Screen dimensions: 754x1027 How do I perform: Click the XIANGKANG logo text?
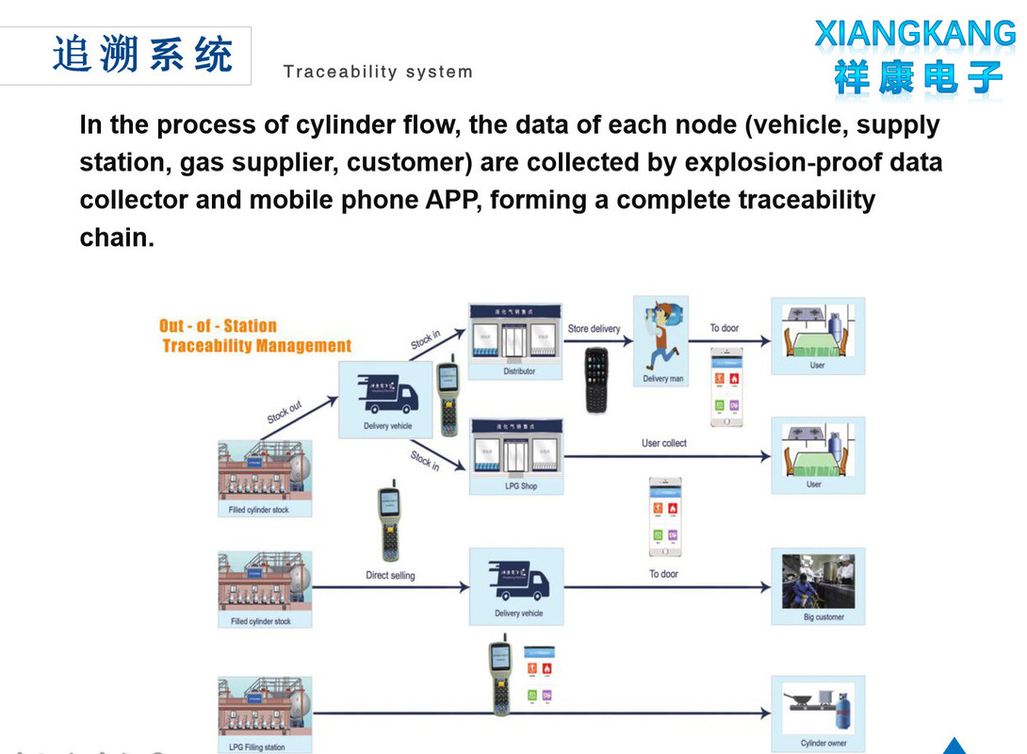pyautogui.click(x=915, y=34)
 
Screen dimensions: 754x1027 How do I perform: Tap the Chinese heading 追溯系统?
pyautogui.click(x=142, y=55)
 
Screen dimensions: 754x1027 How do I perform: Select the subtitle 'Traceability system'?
pyautogui.click(x=378, y=73)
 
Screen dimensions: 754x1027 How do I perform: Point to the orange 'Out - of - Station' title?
pyautogui.click(x=218, y=326)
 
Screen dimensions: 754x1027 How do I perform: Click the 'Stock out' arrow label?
pyautogui.click(x=284, y=412)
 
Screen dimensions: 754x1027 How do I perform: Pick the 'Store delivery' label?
pyautogui.click(x=594, y=329)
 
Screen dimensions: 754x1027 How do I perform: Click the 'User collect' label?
pyautogui.click(x=664, y=443)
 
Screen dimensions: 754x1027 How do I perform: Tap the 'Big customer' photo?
pyautogui.click(x=818, y=582)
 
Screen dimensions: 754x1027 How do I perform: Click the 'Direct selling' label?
pyautogui.click(x=390, y=575)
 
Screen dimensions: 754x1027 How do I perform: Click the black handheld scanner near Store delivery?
pyautogui.click(x=596, y=380)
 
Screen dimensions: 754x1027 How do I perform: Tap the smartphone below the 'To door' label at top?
pyautogui.click(x=726, y=386)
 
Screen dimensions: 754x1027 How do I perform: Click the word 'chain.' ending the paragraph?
pyautogui.click(x=117, y=238)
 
